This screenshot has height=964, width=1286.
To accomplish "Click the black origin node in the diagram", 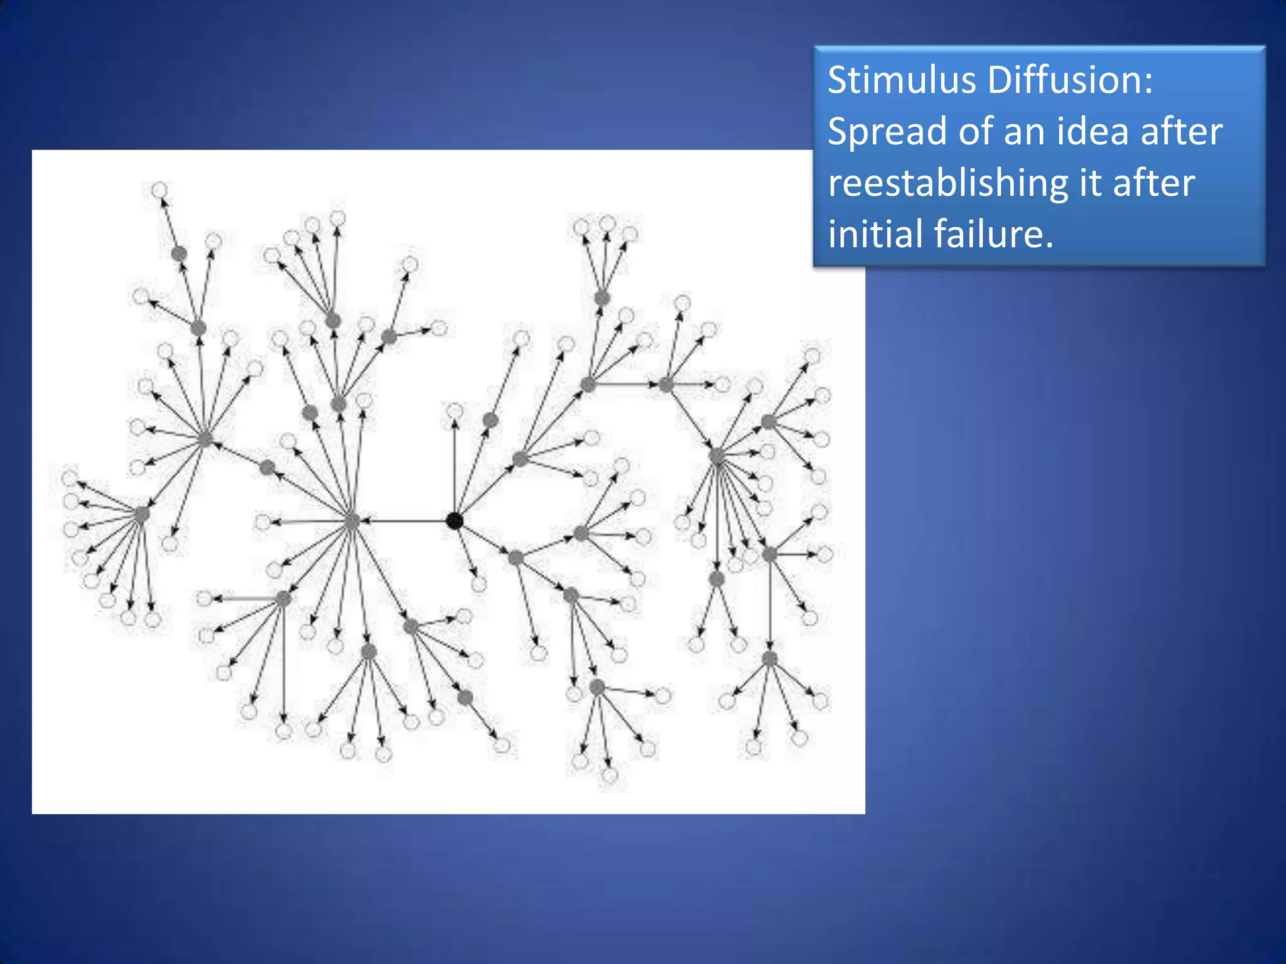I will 454,521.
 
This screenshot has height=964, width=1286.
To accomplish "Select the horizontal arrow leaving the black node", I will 405,521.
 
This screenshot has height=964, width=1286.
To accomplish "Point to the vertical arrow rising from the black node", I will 454,468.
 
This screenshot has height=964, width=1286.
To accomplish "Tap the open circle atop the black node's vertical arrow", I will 454,412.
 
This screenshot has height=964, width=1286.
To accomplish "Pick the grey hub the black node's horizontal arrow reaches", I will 352,521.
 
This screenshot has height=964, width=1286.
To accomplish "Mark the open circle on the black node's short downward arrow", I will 479,585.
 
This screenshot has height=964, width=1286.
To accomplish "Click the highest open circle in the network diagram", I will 159,190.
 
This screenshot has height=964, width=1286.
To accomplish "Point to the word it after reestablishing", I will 1089,183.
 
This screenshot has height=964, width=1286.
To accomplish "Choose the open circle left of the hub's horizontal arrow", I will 263,522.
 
